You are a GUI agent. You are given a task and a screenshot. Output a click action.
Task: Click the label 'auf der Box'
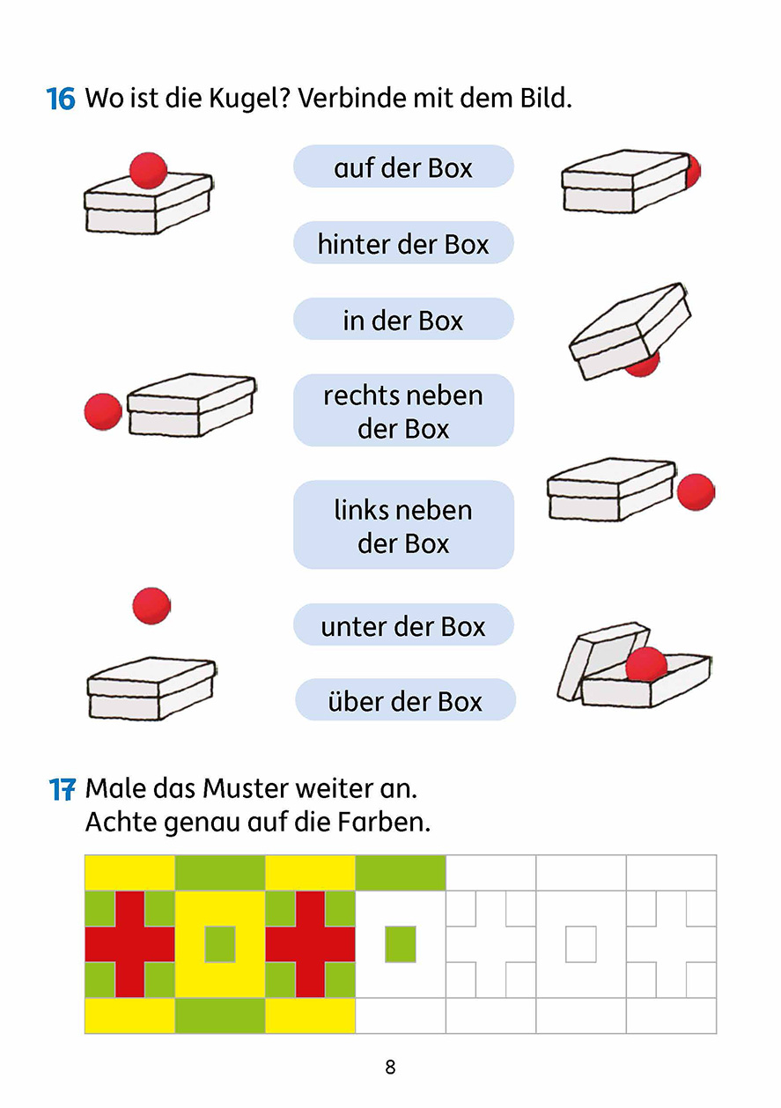(403, 167)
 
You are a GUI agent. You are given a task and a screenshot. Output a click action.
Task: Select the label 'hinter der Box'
(403, 244)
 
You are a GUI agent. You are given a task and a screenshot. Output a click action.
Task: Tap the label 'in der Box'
(403, 320)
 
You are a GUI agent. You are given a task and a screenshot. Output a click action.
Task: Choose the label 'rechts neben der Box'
(403, 411)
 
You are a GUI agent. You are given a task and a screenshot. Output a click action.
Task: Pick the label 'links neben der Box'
(403, 526)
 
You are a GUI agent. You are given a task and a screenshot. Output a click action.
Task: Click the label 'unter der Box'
(403, 626)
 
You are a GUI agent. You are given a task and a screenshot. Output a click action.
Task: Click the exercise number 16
(61, 99)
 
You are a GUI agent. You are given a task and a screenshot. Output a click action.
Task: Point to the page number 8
(390, 1067)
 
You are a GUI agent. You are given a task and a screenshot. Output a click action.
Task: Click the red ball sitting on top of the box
(148, 170)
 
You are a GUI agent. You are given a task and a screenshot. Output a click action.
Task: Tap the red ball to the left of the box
(103, 411)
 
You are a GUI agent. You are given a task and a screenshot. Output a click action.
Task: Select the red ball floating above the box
(151, 605)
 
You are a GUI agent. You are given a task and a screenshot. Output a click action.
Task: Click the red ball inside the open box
(646, 663)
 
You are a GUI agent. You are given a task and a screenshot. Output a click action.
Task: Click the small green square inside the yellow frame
(220, 944)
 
